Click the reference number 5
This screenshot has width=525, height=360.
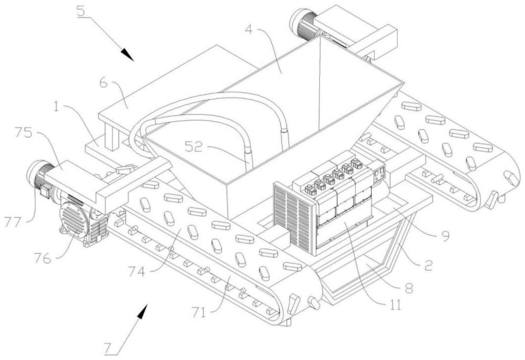click(x=81, y=11)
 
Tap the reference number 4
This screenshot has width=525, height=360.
click(x=249, y=29)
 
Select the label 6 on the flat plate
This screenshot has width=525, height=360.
click(x=104, y=82)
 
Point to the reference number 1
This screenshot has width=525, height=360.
click(x=56, y=108)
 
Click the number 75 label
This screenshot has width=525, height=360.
click(x=23, y=133)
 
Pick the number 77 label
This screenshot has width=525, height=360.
click(x=13, y=221)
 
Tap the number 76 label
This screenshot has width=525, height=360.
click(x=42, y=258)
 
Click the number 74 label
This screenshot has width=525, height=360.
click(x=136, y=272)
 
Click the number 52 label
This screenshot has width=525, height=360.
click(x=194, y=146)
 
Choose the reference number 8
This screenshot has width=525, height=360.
click(x=409, y=289)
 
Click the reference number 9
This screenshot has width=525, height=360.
click(x=445, y=236)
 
